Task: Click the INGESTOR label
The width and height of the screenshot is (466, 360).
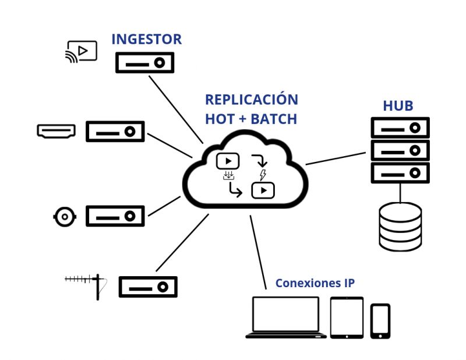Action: coord(147,39)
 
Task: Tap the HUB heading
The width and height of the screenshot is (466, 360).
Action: coord(398,106)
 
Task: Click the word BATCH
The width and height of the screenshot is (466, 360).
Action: coord(274,119)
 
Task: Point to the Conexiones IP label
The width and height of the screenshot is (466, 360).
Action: coord(315,283)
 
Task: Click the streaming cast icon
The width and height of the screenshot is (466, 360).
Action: coord(81,52)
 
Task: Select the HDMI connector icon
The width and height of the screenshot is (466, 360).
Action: coord(56,132)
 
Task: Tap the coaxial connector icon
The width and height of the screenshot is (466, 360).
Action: coord(65,217)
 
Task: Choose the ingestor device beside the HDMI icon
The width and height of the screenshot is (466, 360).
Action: coord(115,132)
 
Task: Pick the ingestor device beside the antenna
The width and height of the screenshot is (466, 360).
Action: coord(148,287)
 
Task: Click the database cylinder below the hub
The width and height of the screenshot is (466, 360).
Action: coord(400,227)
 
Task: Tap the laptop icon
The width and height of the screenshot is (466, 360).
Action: coord(286,317)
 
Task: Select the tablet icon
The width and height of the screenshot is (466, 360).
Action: coord(347,317)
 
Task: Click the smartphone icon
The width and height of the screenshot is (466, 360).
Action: coord(380,321)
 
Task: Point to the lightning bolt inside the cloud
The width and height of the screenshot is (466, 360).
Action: coord(263,175)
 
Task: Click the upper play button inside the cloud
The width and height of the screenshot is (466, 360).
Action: coord(228,161)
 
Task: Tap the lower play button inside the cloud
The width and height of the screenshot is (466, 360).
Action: coord(263,190)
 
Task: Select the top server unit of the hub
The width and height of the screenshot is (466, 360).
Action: coord(400,128)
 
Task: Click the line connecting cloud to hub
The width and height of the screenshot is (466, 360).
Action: coord(336,158)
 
